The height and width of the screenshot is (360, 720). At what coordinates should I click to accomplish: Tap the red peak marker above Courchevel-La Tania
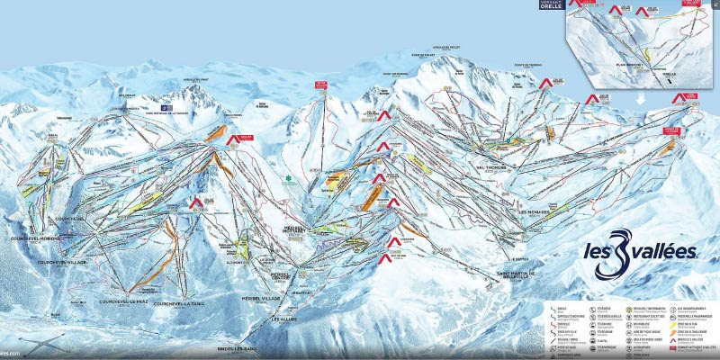(x=195, y=203)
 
